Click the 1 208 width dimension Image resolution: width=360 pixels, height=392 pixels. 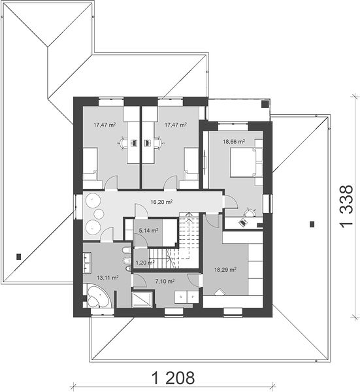[x=173, y=378]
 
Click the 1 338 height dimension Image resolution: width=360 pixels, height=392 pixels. [x=347, y=206]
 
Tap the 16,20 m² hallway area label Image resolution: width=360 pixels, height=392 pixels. [x=161, y=202]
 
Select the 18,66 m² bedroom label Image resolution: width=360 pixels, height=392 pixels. [x=234, y=142]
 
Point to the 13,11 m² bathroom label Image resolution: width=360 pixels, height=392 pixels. [x=108, y=278]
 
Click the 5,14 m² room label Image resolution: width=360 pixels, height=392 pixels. [x=148, y=231]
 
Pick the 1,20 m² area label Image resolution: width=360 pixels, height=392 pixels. [x=145, y=263]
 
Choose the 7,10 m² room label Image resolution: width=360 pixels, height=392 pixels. [x=165, y=282]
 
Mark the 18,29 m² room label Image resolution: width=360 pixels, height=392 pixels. [x=225, y=269]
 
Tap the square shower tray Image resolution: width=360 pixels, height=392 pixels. [x=142, y=299]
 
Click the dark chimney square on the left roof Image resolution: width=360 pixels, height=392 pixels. [x=18, y=257]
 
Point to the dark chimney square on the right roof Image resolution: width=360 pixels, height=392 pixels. [x=312, y=224]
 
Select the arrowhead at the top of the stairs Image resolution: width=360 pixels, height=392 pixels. [x=189, y=214]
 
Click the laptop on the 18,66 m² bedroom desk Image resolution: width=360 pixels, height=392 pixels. [x=242, y=222]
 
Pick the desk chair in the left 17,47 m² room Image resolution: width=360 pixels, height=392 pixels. [x=122, y=143]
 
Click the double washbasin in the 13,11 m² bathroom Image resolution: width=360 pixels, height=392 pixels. [x=87, y=262]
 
